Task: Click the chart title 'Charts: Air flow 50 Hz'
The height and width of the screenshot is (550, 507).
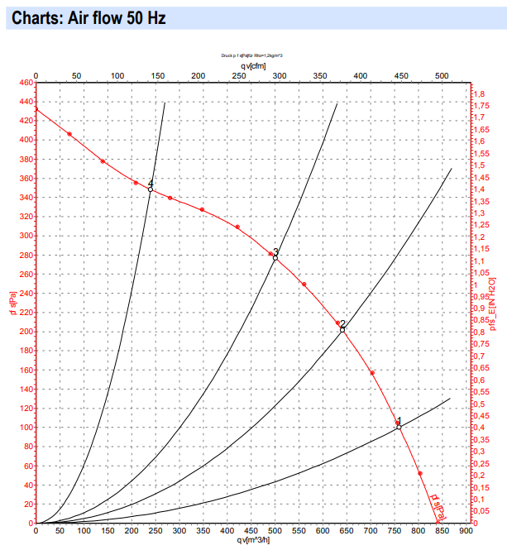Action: click(86, 17)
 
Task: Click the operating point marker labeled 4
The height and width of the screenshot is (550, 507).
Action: click(151, 189)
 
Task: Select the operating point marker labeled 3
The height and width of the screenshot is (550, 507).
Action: click(275, 257)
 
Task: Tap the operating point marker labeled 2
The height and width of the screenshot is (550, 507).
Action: click(342, 330)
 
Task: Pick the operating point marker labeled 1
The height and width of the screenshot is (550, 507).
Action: click(399, 427)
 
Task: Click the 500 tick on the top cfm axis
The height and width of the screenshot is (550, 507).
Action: click(441, 75)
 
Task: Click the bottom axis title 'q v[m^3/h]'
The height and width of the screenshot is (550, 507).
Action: click(254, 541)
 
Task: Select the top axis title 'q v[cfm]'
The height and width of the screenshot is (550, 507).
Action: click(254, 65)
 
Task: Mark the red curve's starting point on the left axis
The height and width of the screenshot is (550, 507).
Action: click(36, 108)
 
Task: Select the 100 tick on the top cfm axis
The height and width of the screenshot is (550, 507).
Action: click(117, 75)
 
